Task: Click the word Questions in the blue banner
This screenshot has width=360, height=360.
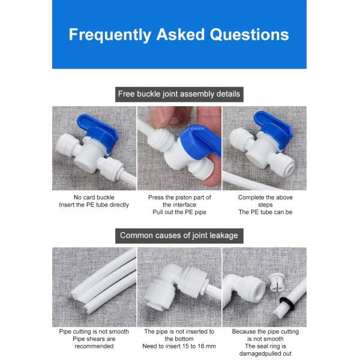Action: (x=250, y=35)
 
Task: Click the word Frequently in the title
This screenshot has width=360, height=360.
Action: (x=110, y=35)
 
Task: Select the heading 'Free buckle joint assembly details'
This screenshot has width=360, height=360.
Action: (x=179, y=94)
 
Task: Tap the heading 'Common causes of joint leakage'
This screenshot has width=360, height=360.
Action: (x=179, y=235)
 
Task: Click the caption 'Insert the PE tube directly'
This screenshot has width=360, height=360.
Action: (x=94, y=205)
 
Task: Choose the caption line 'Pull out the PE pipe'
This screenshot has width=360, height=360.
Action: (x=179, y=212)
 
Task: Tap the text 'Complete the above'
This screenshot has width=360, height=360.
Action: (x=265, y=197)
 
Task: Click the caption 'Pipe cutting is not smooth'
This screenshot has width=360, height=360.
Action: (x=94, y=332)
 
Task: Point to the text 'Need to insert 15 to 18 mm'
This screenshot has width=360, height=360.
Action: (x=179, y=346)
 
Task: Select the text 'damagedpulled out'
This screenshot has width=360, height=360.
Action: (x=265, y=353)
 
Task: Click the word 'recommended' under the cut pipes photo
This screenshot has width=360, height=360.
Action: (x=94, y=346)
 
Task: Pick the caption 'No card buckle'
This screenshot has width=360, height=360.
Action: (x=94, y=197)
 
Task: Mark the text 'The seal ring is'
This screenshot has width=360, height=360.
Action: (x=265, y=346)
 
